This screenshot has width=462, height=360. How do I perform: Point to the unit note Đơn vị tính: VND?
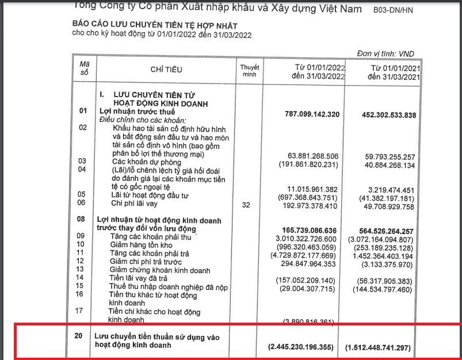click(385, 53)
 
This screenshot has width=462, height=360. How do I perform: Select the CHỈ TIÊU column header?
click(166, 70)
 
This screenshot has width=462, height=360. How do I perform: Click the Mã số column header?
click(84, 68)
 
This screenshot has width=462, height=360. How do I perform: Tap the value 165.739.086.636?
click(312, 229)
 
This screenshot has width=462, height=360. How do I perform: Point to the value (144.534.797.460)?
click(382, 290)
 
